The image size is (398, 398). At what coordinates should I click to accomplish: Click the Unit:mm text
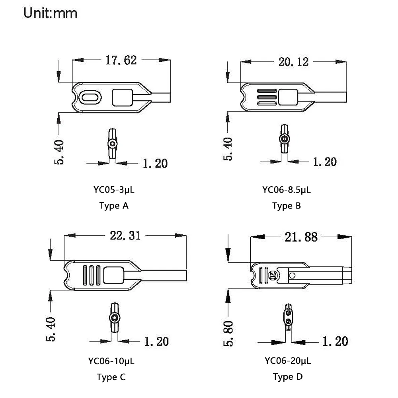point(50,13)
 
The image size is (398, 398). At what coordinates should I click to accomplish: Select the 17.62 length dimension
point(121,60)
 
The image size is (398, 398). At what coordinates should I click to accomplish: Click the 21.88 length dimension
point(301,237)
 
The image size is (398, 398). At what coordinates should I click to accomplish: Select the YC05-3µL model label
point(114,190)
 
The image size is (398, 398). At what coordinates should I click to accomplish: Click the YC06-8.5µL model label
point(287,190)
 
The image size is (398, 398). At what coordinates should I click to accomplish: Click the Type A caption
point(114,206)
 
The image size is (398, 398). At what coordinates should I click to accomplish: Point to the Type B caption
point(287,206)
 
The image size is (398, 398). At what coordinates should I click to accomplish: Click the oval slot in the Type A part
point(90,97)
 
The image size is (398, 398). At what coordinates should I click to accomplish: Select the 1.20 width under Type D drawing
point(334,341)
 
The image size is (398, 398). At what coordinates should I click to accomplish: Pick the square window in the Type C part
point(113,274)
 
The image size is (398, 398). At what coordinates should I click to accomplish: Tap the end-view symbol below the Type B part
point(284,139)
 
